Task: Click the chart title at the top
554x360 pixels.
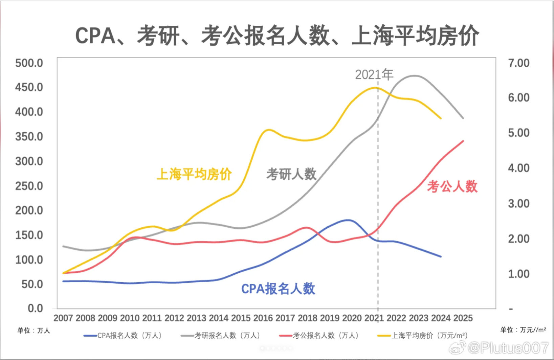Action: tap(277, 36)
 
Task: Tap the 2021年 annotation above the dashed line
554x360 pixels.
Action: tap(374, 74)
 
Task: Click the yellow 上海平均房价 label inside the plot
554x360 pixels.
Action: tap(194, 174)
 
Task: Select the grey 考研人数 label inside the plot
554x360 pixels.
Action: tap(291, 174)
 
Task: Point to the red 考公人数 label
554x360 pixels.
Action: tap(452, 186)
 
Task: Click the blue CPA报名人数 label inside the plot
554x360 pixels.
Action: tap(278, 289)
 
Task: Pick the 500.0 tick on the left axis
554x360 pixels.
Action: tap(29, 63)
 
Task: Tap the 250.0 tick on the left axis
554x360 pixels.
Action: tap(29, 186)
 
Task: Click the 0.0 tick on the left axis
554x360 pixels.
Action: tap(35, 308)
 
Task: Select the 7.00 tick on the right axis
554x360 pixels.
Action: tap(518, 63)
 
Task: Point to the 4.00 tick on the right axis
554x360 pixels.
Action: tap(518, 168)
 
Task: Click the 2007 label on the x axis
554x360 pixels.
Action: tap(63, 318)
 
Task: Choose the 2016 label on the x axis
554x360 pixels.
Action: tap(263, 318)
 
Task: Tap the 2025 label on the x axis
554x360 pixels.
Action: tap(463, 318)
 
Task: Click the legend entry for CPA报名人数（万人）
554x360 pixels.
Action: tap(123, 335)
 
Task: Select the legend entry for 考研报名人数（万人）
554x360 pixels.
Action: tap(221, 335)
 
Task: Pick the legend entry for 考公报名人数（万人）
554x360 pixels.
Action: tap(319, 335)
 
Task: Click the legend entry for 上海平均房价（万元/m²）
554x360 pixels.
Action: tap(423, 335)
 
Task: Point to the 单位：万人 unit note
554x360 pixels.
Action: tap(34, 330)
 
